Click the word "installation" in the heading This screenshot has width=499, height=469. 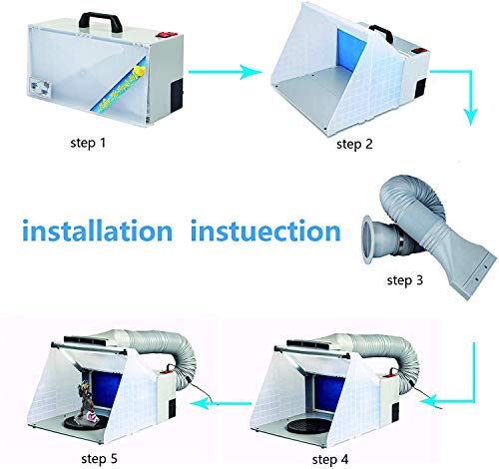pyautogui.click(x=97, y=232)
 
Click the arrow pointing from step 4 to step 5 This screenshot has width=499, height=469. pyautogui.click(x=226, y=399)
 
